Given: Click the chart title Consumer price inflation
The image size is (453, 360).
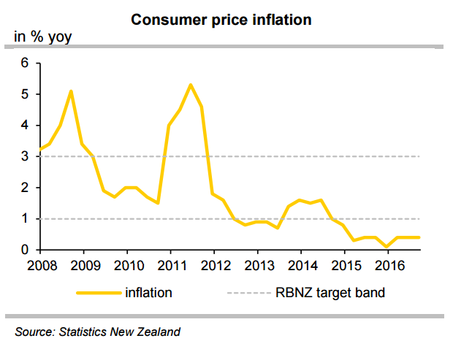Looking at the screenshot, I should (x=221, y=20).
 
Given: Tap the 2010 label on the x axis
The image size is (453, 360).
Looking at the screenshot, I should (x=128, y=264).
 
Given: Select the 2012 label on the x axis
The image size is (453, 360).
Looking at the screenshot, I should (x=214, y=264).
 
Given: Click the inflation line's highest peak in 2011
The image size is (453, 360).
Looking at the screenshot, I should (x=191, y=85).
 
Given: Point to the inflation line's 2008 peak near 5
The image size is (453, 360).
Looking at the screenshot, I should (x=71, y=91).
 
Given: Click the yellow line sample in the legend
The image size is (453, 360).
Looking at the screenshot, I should (x=97, y=293).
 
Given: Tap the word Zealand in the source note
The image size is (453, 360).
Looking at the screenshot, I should (x=156, y=332).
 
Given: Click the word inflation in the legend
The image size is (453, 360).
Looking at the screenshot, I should (x=148, y=293).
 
